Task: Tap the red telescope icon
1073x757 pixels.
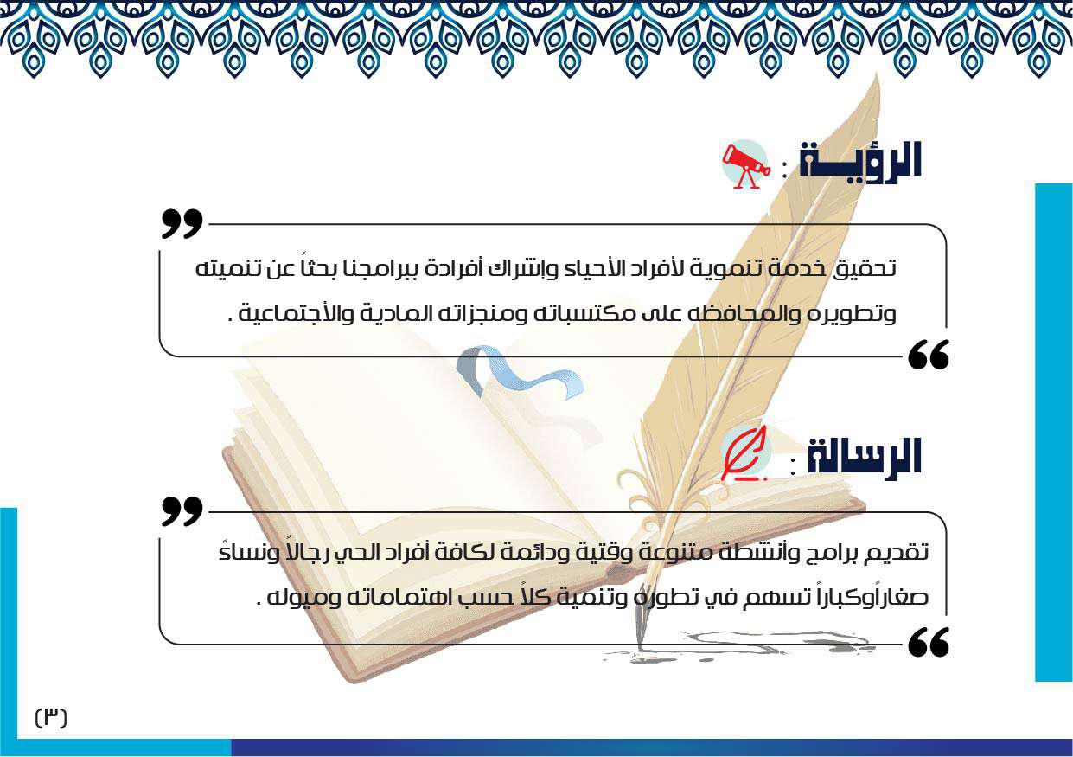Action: tap(746, 164)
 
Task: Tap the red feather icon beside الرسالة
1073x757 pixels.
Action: tap(744, 454)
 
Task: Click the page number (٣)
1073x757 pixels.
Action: tap(51, 717)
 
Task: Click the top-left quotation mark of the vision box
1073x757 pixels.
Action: tap(182, 223)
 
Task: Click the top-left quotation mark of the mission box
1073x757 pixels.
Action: tap(182, 511)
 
